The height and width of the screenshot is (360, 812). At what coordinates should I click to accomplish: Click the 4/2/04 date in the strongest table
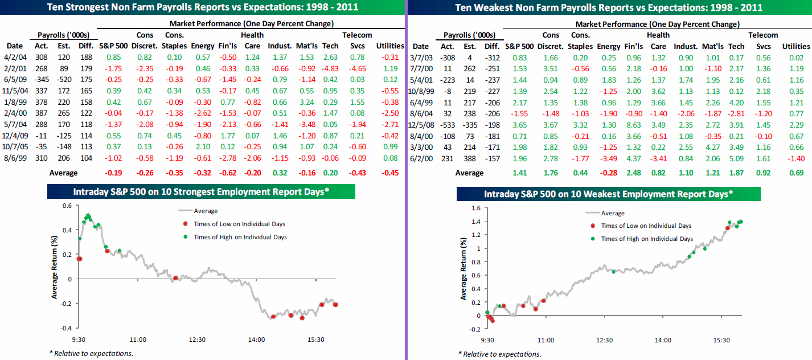(x=14, y=57)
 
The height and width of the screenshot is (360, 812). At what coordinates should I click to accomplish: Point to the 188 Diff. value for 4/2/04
(x=86, y=57)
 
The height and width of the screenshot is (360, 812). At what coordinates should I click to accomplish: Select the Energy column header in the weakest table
(x=608, y=46)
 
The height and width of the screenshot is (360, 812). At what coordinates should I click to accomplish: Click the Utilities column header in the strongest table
(x=390, y=46)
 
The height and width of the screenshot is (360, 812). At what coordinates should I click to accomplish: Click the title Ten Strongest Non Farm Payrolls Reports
(x=202, y=8)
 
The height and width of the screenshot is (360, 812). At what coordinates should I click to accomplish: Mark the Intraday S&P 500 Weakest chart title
(x=608, y=194)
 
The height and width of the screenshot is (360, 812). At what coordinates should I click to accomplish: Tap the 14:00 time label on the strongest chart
(x=256, y=339)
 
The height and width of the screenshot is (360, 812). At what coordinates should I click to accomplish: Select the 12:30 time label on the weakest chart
(x=605, y=340)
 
